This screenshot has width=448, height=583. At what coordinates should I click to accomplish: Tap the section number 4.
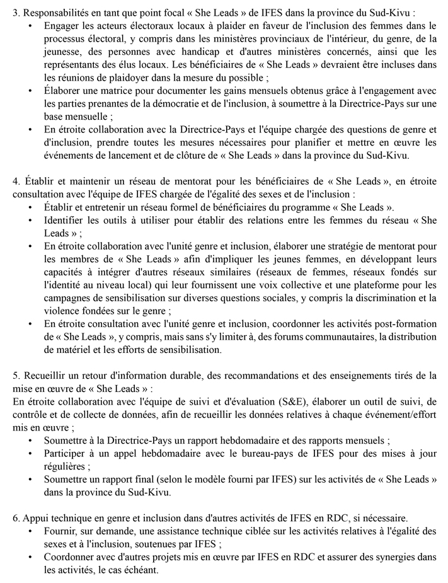(x=16, y=182)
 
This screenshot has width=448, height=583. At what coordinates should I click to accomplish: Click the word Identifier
(x=66, y=221)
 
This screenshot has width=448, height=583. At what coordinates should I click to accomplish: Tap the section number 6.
(x=16, y=518)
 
